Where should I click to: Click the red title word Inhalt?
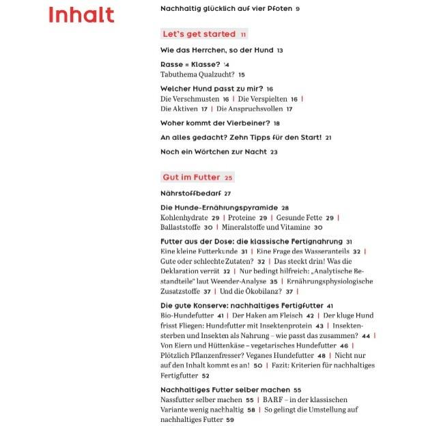(81, 15)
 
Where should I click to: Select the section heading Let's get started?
(199, 33)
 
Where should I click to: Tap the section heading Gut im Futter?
(191, 177)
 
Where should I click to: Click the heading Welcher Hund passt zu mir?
(212, 89)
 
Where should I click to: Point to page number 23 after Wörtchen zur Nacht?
(274, 152)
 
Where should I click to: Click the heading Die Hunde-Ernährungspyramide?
(218, 208)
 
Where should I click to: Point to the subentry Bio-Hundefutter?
(187, 316)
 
